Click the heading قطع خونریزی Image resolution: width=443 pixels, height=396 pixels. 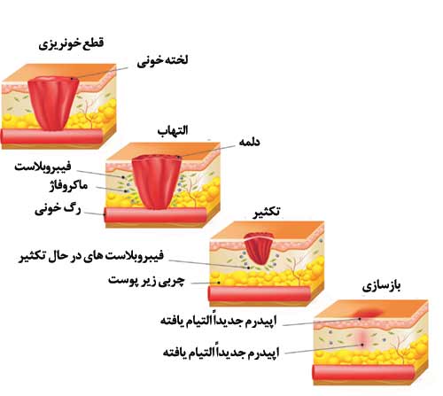click(71, 43)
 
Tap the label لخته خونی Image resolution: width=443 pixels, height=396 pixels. click(162, 60)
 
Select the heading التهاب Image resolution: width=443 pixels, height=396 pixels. click(173, 130)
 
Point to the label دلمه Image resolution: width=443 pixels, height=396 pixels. click(249, 142)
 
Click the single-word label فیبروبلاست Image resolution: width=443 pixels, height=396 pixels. click(43, 167)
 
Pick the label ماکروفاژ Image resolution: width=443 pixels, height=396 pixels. click(68, 185)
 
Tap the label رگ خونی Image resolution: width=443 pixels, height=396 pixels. click(58, 209)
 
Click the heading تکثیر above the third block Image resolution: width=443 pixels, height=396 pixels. click(266, 213)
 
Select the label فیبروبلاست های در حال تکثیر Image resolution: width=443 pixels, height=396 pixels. click(91, 256)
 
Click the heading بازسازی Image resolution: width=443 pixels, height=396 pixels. click(381, 286)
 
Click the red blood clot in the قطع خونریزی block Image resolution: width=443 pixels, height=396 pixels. click(54, 104)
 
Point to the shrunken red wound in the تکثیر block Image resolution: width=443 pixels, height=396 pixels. click(259, 248)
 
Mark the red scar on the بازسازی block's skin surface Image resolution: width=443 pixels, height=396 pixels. click(367, 313)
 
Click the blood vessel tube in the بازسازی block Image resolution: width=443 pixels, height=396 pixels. click(363, 373)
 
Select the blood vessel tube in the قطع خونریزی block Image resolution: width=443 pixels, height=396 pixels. click(52, 136)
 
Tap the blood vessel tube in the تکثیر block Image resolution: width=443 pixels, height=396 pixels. click(260, 294)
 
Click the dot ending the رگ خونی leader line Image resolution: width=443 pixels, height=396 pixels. click(105, 214)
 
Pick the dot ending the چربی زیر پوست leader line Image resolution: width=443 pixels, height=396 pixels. click(219, 283)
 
